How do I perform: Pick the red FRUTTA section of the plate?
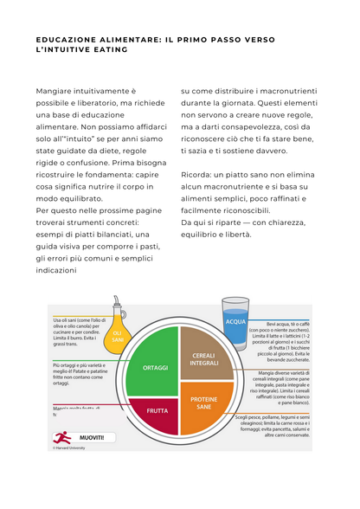click(156, 410)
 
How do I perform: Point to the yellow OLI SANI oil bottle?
click(118, 333)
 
